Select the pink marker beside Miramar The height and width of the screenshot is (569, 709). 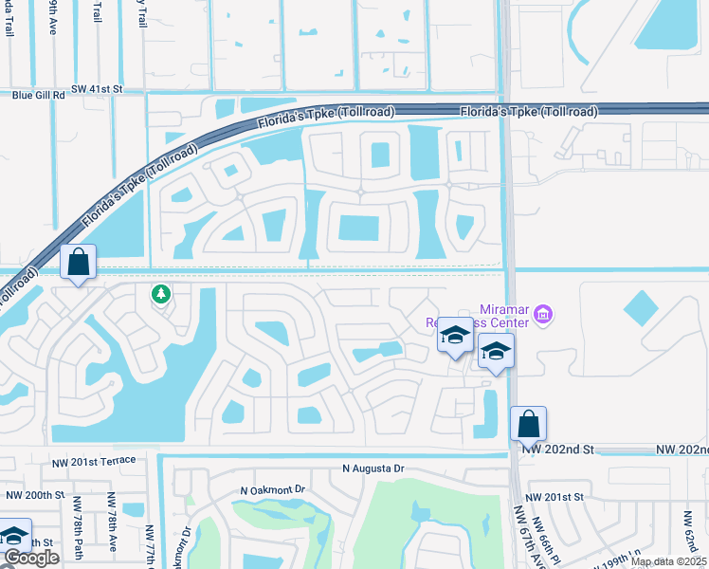[x=543, y=314]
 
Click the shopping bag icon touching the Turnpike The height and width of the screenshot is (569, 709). [x=78, y=262]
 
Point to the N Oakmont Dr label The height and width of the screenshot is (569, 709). [x=273, y=489]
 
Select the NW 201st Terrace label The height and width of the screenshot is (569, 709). [x=98, y=460]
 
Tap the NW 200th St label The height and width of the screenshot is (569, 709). [x=36, y=495]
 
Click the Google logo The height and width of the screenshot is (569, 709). [x=31, y=558]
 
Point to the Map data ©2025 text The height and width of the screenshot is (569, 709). [x=668, y=561]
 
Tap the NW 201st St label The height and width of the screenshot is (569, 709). [x=556, y=497]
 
